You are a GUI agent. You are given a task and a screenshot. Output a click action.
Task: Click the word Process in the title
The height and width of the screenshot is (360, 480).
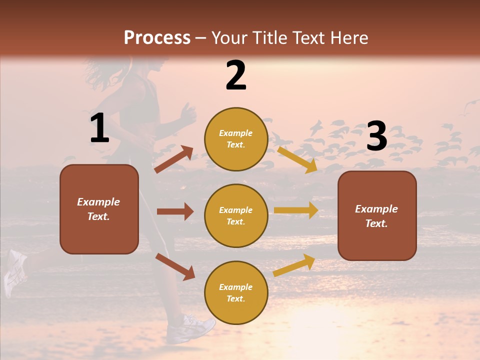157,38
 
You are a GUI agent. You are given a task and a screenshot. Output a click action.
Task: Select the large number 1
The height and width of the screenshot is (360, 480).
99,128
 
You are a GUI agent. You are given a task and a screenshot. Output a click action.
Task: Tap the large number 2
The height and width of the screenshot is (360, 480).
235,75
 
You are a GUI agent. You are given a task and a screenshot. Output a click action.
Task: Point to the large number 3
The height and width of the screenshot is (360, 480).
376,136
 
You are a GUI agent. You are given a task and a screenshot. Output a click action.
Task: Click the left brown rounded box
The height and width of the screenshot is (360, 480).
99,209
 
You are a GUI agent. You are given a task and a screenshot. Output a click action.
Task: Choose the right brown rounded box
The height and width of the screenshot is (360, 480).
377,215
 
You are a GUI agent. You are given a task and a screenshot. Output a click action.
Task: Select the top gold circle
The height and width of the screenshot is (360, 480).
236,138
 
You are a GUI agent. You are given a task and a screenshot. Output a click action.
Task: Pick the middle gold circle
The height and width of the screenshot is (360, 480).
236,215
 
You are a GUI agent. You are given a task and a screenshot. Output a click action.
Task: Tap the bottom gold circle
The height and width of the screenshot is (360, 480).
236,292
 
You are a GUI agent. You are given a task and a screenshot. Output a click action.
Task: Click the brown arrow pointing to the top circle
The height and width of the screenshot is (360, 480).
174,159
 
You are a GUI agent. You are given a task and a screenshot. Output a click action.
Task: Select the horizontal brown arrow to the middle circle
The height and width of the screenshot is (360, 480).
175,211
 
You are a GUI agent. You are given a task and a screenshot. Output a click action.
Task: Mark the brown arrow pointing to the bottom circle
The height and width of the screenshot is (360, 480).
175,266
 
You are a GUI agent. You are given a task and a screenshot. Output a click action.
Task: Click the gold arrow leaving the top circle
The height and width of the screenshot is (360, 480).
297,159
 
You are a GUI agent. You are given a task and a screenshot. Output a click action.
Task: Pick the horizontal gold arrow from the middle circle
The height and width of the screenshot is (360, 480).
296,210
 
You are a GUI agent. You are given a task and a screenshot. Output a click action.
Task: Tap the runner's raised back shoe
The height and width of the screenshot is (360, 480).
15,272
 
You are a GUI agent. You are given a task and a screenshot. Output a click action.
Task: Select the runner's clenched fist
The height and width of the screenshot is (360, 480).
188,115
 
